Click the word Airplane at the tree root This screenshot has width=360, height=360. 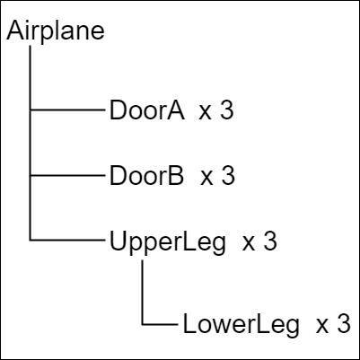coord(56,31)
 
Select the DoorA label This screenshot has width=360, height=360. coord(147,110)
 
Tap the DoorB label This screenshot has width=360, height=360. coord(146,176)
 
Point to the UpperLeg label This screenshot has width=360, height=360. coord(168,243)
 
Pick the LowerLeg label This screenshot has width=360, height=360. coord(241,325)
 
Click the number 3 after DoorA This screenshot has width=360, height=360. coord(226,110)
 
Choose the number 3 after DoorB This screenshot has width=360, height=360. coord(228,176)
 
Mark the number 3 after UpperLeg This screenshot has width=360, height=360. coord(270,241)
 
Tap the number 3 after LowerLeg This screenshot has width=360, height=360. coord(344,323)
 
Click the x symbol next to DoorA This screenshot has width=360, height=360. coord(206,113)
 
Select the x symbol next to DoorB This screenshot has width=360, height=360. coord(206,178)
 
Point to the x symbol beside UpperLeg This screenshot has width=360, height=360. coord(249,243)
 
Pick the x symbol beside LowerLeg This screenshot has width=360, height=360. coord(322,326)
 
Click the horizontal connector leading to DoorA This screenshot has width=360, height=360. coord(67,110)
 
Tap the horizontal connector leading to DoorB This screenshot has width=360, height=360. coord(67,175)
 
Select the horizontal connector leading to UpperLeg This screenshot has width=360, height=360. coord(67,240)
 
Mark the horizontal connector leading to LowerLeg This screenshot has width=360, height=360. coord(160,324)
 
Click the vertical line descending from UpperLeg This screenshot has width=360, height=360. coord(142,292)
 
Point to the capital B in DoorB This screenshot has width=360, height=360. coord(176,176)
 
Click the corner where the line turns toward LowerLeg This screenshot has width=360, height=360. coord(142,324)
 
